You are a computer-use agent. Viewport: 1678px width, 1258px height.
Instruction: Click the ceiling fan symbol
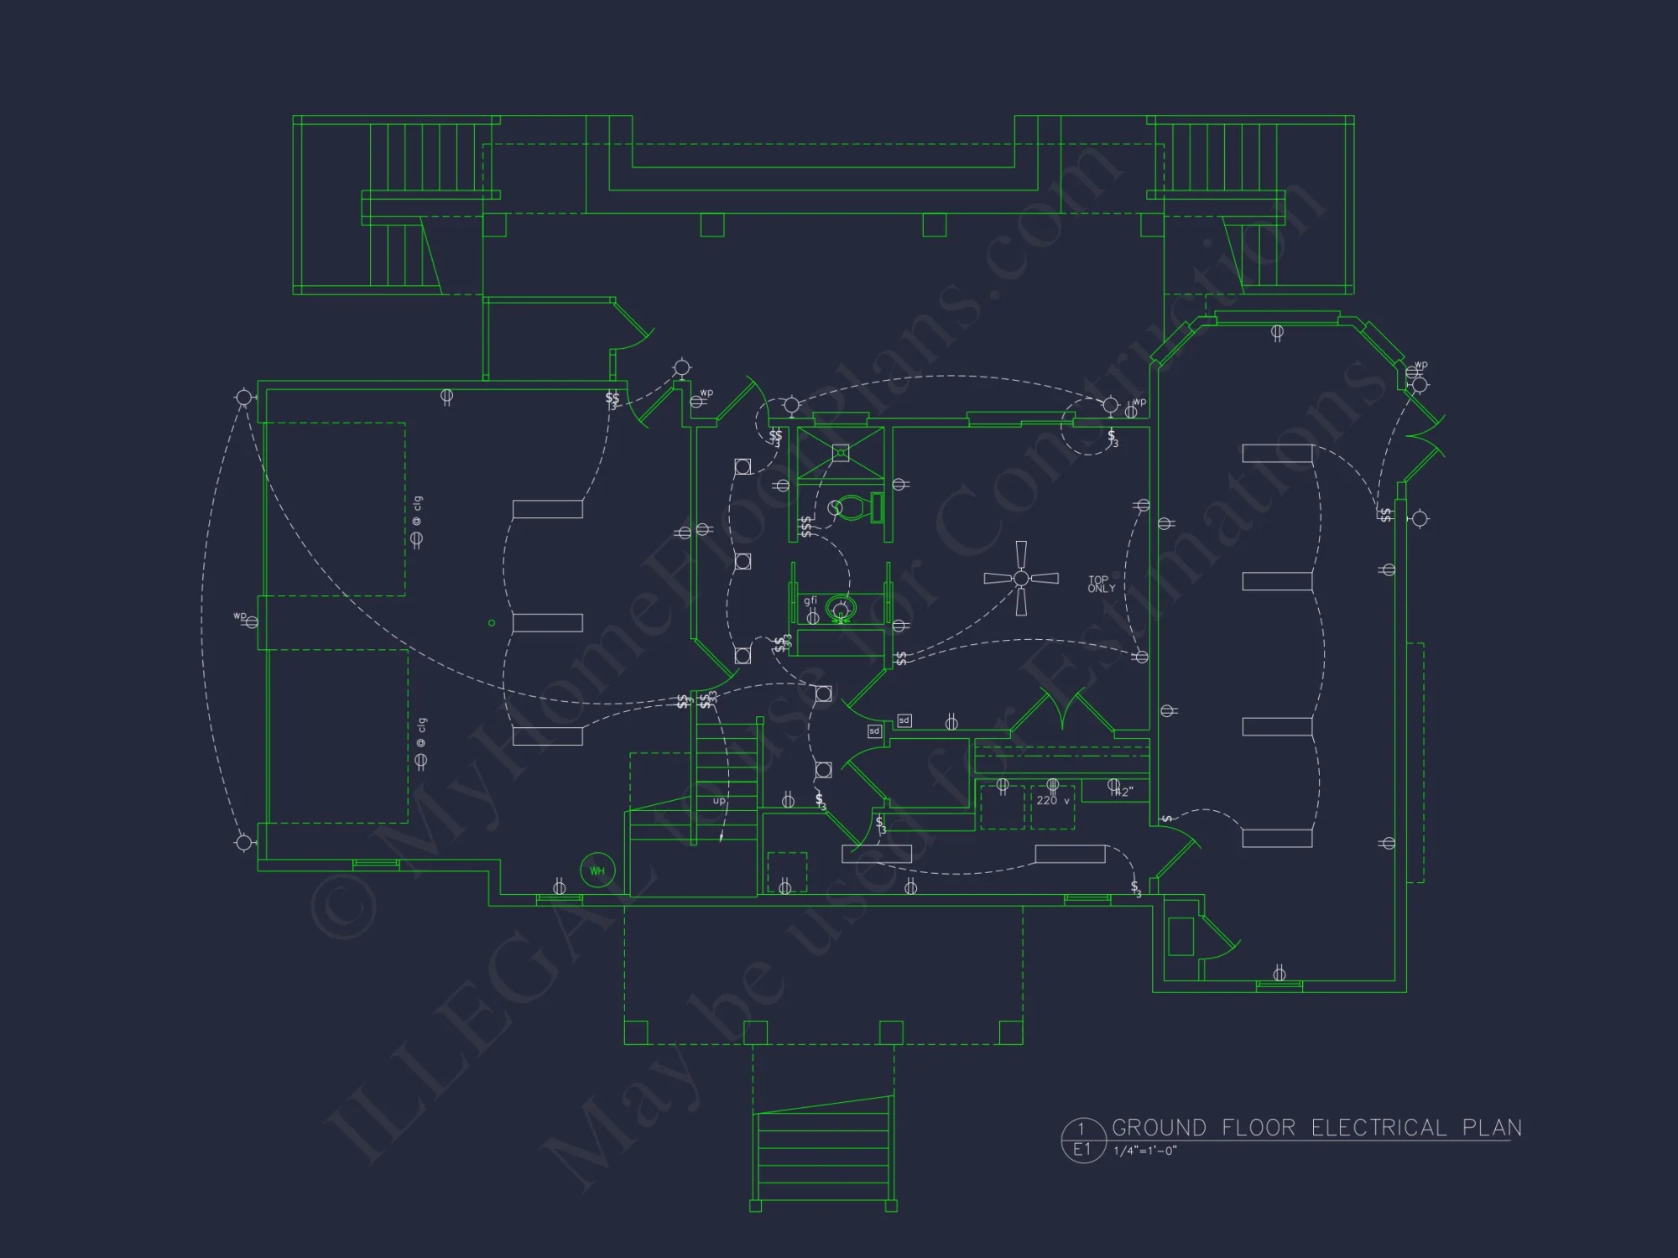pos(1021,578)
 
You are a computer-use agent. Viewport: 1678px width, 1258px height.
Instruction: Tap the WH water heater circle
pos(597,871)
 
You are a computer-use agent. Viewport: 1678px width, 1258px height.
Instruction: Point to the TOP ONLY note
pos(1101,584)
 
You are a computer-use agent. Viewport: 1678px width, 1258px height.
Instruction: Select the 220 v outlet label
pos(1053,801)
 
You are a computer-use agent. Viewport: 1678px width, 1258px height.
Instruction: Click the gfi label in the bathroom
pos(810,600)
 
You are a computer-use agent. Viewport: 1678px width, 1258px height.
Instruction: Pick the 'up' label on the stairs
pos(719,801)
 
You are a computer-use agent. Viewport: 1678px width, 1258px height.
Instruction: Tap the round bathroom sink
pos(840,608)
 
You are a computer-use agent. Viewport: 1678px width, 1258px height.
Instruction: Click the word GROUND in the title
pos(1159,1128)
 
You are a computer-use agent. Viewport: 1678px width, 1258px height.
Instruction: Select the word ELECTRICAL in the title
pos(1378,1128)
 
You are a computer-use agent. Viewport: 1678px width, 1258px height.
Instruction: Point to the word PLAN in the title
pos(1492,1128)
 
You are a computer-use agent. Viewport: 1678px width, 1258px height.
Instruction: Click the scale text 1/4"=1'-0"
pos(1145,1151)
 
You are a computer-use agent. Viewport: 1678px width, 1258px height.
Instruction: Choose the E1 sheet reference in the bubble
pos(1081,1150)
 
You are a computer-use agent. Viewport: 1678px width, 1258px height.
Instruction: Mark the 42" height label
pos(1123,791)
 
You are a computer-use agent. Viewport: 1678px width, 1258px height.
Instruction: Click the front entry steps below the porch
pos(823,1153)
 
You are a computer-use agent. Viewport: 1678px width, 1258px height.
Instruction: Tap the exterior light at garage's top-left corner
pos(243,398)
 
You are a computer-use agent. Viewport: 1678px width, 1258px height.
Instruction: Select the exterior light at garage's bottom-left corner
pos(243,842)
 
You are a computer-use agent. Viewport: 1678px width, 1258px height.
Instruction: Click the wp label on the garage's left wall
pos(240,616)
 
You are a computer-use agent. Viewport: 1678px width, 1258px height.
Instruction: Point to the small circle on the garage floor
pos(492,623)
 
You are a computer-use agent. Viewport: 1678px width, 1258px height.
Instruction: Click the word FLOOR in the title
pos(1258,1128)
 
